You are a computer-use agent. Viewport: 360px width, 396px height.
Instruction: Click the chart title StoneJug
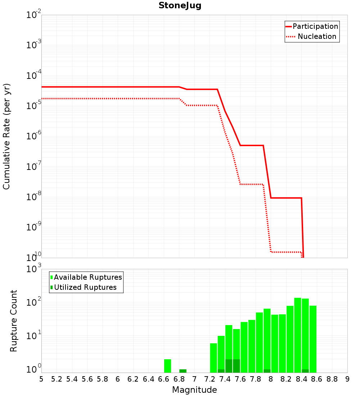click(180, 6)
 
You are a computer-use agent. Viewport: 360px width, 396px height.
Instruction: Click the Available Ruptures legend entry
click(87, 277)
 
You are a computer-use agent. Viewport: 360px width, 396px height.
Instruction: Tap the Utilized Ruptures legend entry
click(85, 287)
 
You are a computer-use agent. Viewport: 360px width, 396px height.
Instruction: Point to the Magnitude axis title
click(194, 390)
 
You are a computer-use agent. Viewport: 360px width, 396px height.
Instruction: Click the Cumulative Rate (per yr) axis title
click(6, 136)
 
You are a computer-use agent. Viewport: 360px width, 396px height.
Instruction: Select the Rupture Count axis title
click(14, 321)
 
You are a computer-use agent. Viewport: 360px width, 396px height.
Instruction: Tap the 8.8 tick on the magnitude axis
click(332, 379)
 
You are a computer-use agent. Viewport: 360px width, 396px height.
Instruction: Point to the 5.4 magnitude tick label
click(72, 379)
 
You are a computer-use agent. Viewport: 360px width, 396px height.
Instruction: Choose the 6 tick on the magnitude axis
click(118, 379)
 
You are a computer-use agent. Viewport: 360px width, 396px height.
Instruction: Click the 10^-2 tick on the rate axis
click(34, 15)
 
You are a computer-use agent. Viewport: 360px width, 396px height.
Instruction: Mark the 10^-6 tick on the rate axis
click(34, 136)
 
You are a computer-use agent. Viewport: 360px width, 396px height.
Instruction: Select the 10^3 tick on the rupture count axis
click(34, 269)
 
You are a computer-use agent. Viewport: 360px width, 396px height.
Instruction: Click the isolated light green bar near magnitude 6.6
click(167, 366)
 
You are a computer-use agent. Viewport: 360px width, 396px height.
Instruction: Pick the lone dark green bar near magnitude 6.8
click(183, 371)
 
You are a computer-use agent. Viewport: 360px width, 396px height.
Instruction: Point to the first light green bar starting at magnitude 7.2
click(213, 358)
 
